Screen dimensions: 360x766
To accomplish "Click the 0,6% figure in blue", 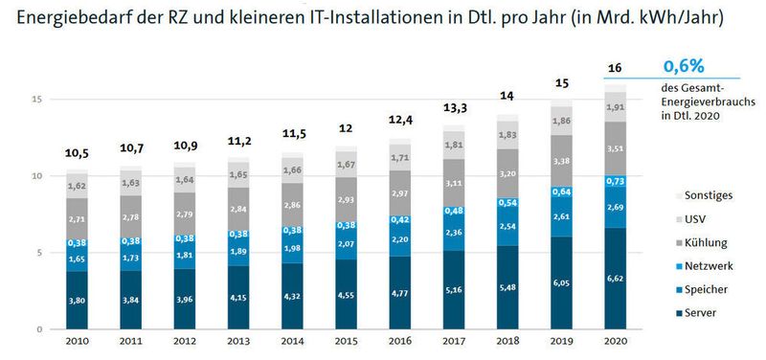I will click(x=685, y=66).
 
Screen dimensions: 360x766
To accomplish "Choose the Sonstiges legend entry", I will click(x=710, y=194).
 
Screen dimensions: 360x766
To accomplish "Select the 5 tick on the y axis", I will click(x=37, y=253).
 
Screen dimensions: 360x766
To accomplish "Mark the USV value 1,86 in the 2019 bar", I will click(x=562, y=122).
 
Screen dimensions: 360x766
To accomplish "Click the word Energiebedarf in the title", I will click(x=67, y=17).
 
